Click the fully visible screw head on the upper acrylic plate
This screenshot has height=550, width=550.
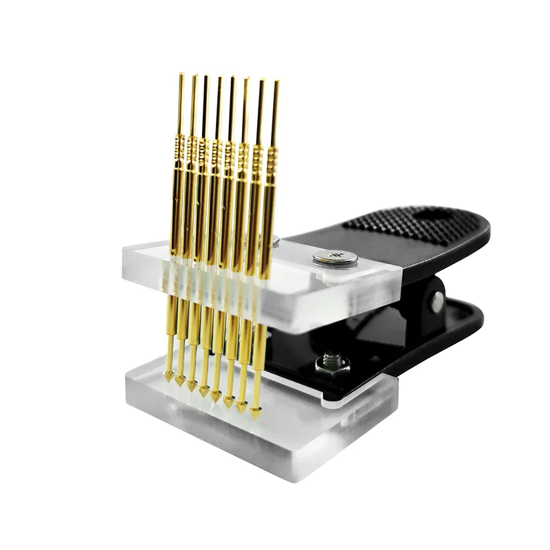pos(335,258)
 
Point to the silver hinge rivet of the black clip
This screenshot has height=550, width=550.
pos(437,300)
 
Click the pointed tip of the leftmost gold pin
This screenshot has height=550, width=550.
pos(168,376)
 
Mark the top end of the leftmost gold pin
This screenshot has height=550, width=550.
pos(181,75)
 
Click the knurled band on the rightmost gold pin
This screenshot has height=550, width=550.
pos(272,161)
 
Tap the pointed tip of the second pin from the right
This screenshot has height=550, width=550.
pos(242,408)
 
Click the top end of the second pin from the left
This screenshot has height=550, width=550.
pos(195,76)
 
